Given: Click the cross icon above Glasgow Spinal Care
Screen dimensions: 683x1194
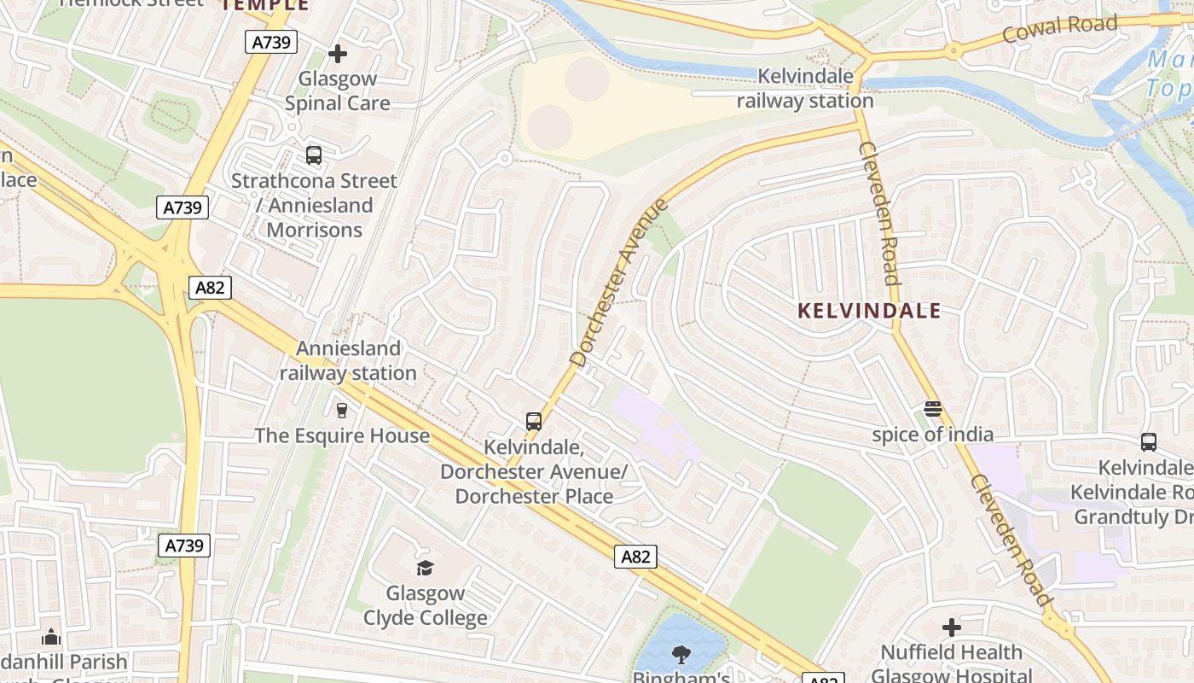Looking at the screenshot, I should coord(338,54).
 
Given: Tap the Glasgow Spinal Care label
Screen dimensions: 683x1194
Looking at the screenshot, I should coord(338,91).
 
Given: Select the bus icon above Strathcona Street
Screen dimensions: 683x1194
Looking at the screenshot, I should coord(314,155).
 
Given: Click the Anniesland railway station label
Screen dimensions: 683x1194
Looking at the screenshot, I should coord(348,360).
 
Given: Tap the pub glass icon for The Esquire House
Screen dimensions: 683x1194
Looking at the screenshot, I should coord(342,411).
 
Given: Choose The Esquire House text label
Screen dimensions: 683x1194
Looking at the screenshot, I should coord(342,435).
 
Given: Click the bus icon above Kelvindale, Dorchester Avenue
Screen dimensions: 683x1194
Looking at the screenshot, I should coord(534,421).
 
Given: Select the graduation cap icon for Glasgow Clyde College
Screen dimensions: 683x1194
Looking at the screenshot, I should coord(425,568).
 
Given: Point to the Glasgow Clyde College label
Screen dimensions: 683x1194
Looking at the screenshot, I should coord(426,605).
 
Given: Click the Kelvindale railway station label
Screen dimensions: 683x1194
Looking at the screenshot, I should coord(805,89).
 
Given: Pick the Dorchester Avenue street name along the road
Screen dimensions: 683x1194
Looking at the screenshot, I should coord(619,283).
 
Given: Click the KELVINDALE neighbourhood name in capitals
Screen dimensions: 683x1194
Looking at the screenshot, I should coord(869,311).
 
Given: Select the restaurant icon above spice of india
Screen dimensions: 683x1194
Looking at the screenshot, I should coord(933,409).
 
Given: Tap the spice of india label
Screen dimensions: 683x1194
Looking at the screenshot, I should coord(932,435).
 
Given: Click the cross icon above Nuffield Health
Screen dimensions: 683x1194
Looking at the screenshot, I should coord(952,628).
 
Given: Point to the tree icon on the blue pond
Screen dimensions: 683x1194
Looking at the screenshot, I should coord(681,655).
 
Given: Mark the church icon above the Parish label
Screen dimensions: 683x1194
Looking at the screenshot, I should coord(51,637).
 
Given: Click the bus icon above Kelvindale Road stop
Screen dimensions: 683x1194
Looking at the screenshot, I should coord(1149,442).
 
